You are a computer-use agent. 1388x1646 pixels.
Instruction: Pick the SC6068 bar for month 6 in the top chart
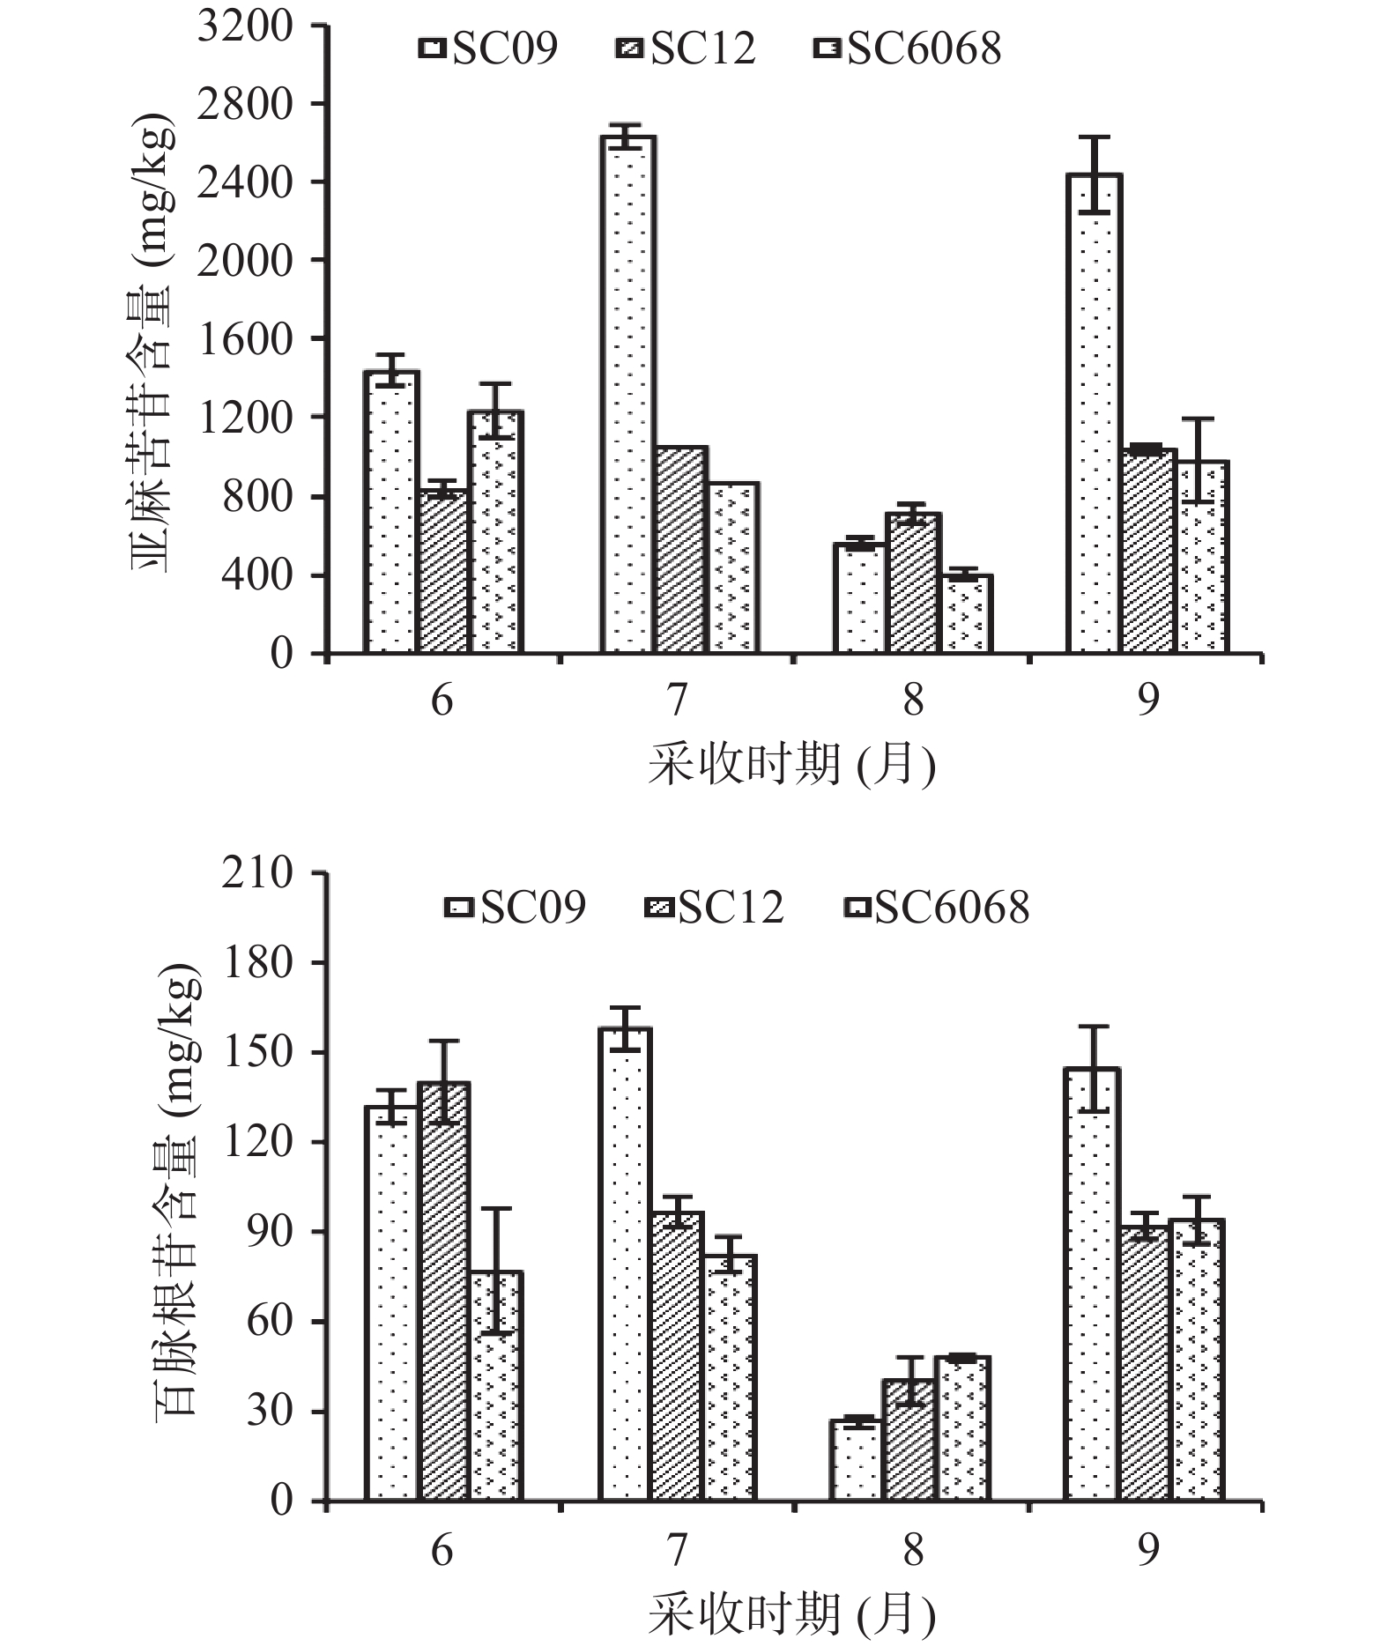pos(495,532)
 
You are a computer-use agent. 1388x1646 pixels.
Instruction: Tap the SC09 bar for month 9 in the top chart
pos(1094,414)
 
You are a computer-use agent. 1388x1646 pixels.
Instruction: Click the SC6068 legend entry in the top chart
pos(908,48)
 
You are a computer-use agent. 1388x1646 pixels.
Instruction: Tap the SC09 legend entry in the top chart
pos(489,48)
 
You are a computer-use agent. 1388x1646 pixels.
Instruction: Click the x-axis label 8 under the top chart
pos(913,701)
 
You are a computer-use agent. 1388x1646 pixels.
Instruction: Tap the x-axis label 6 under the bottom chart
pos(442,1547)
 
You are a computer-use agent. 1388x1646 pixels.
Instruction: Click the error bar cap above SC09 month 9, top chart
pos(1094,137)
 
